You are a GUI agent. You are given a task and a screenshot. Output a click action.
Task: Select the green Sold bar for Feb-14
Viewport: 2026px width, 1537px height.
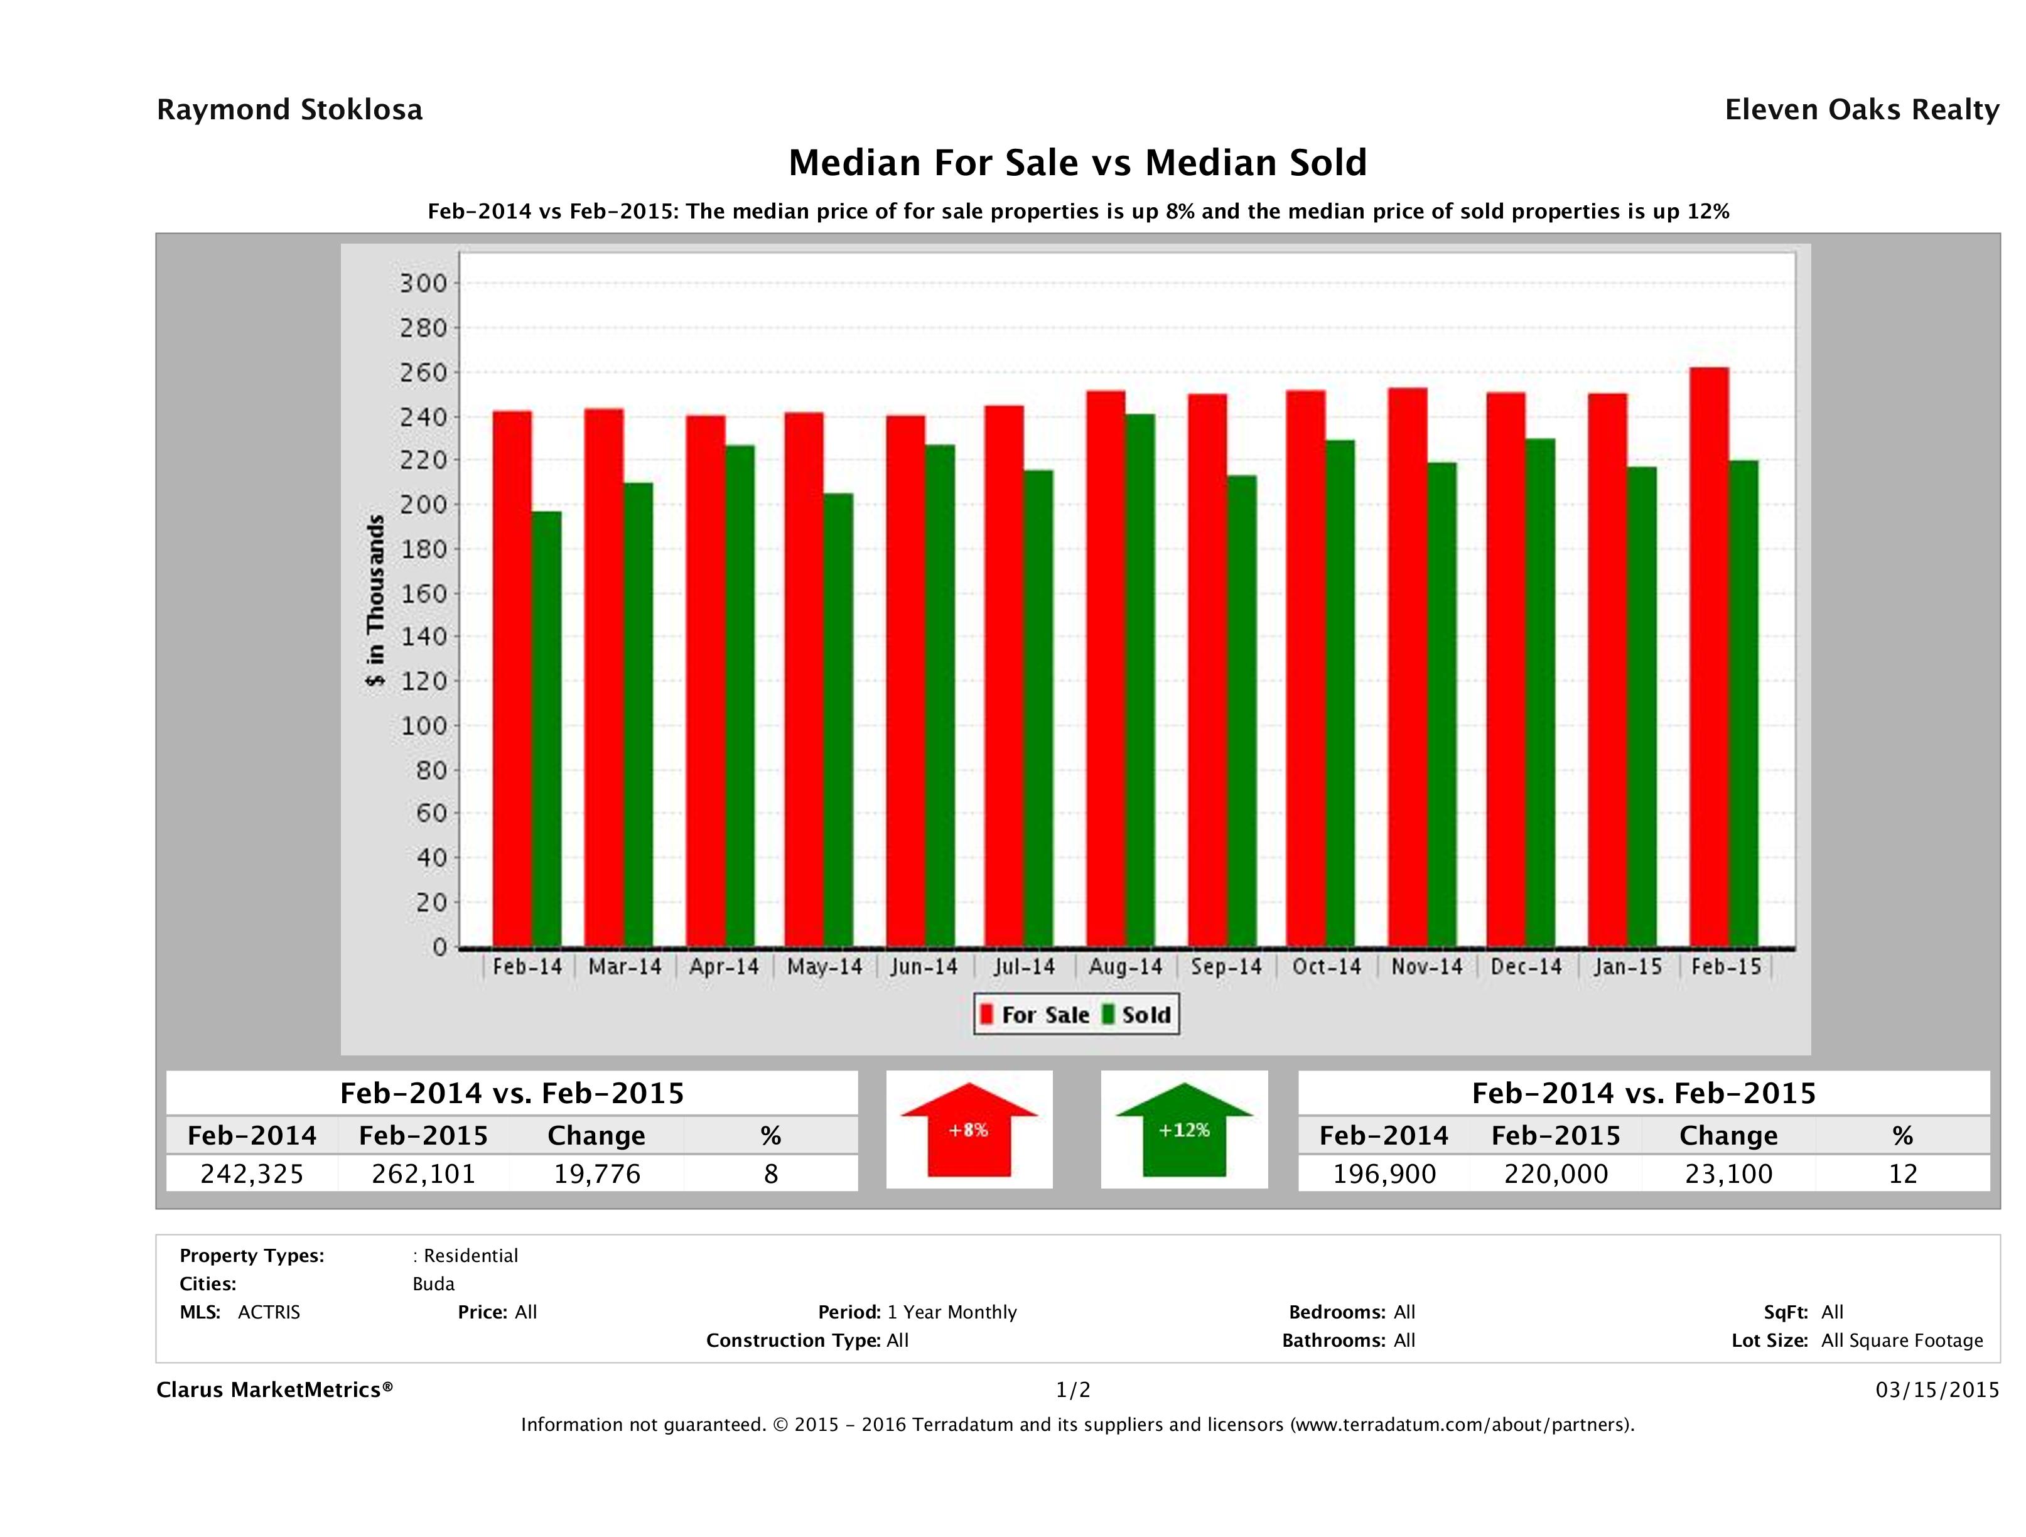click(x=547, y=728)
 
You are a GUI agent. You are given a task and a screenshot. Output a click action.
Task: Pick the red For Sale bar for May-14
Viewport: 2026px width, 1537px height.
click(x=803, y=679)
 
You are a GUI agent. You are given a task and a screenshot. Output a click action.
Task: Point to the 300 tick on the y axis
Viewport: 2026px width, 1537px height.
click(x=423, y=284)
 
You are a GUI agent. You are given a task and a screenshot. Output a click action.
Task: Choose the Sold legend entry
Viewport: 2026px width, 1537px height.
click(x=1136, y=1015)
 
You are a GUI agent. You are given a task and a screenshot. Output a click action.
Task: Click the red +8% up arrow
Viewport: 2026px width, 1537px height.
click(x=969, y=1130)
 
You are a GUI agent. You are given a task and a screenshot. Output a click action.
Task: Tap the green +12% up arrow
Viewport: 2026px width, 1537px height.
click(x=1184, y=1130)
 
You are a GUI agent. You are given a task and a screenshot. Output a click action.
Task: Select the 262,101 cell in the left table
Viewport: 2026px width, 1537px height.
click(x=423, y=1174)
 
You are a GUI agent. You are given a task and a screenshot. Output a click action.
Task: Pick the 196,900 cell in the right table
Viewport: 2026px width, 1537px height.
click(x=1384, y=1174)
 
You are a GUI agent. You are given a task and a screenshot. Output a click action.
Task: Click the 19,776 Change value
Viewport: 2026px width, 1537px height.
click(x=596, y=1174)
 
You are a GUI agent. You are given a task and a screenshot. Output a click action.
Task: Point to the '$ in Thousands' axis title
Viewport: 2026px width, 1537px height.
click(x=375, y=601)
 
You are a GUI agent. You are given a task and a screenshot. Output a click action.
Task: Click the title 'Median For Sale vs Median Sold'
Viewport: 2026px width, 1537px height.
click(x=1077, y=163)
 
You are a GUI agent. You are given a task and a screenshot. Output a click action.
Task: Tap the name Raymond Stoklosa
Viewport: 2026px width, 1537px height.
click(x=289, y=110)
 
